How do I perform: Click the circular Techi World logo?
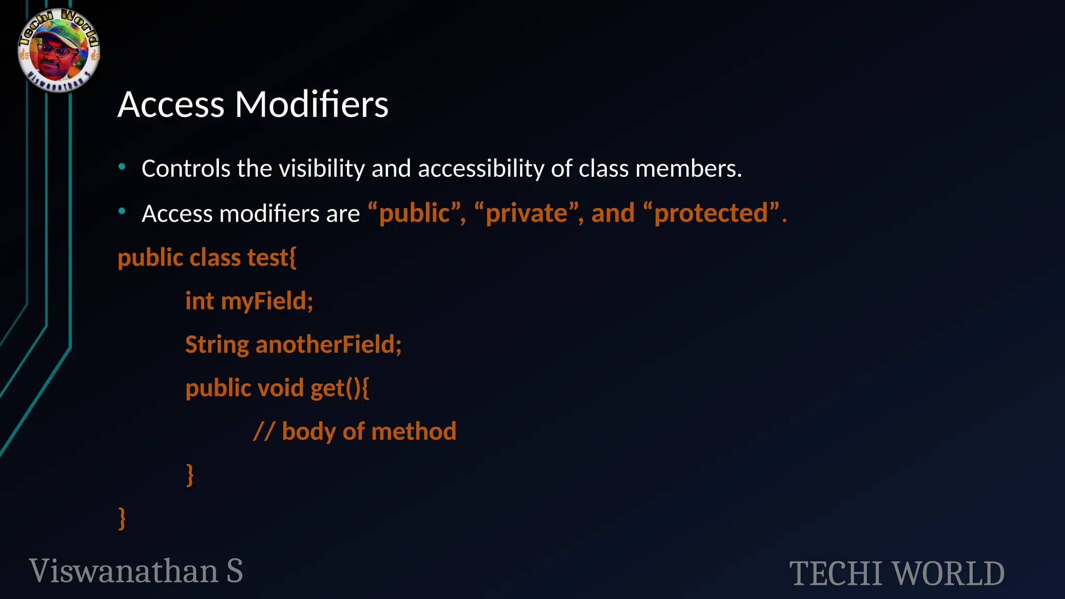(58, 50)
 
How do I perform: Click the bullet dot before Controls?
(122, 167)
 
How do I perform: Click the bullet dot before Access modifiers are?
(122, 212)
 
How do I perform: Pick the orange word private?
(526, 213)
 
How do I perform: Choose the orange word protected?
(711, 213)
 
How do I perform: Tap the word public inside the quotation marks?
(414, 213)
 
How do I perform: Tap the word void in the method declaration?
(281, 388)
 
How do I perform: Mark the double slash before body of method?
(264, 432)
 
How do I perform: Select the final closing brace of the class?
(122, 518)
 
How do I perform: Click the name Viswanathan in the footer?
(124, 571)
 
